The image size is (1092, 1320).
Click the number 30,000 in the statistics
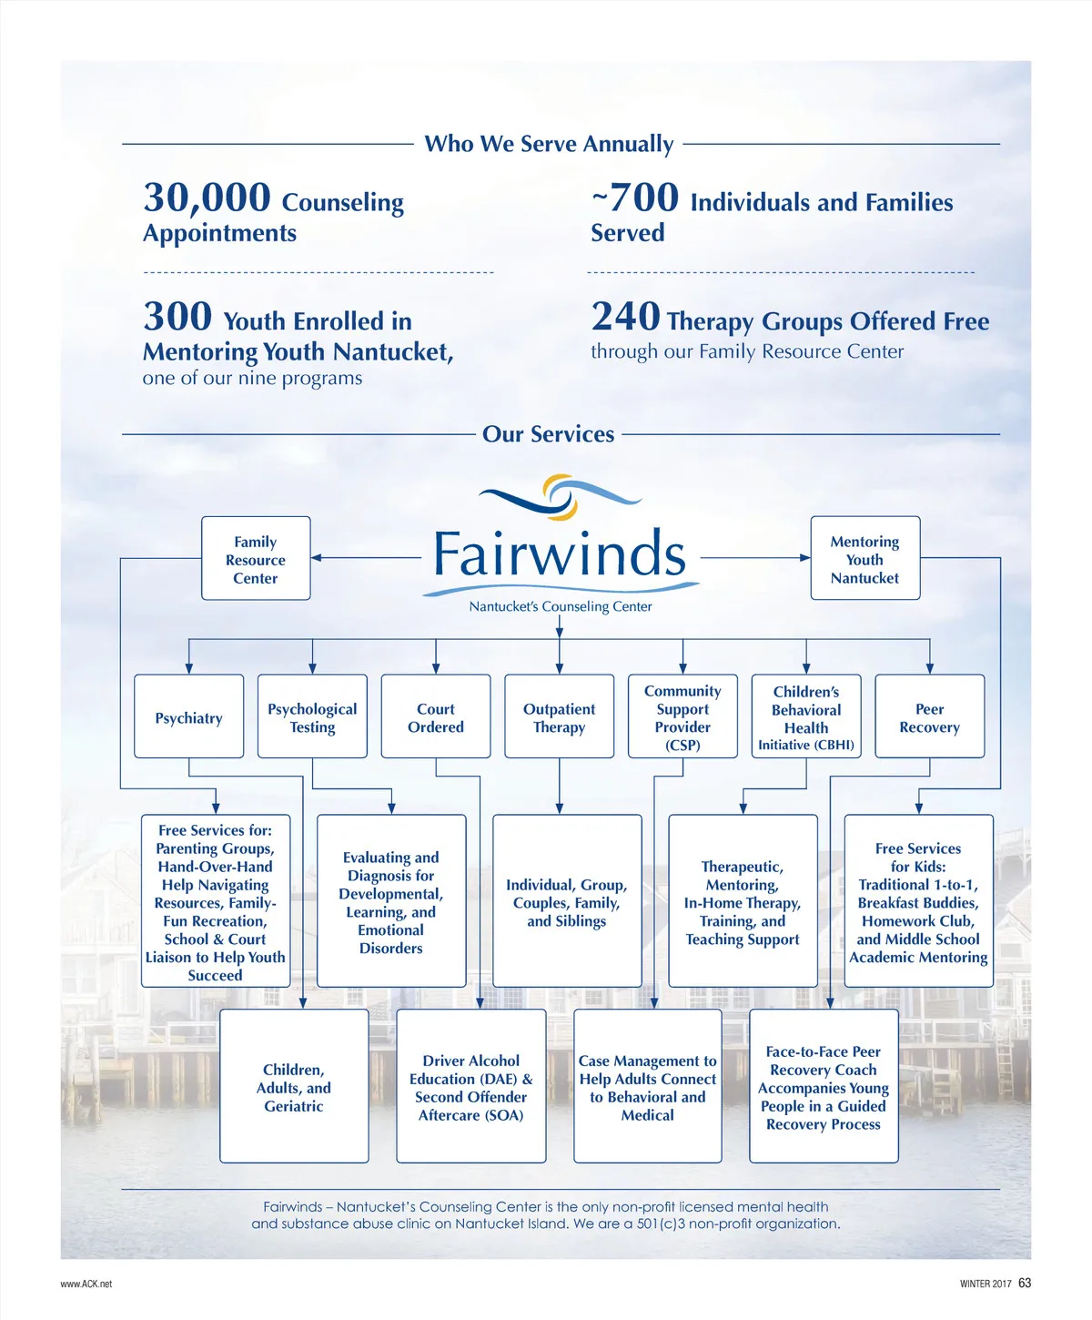[x=207, y=198]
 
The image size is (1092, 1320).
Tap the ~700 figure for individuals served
[x=635, y=198]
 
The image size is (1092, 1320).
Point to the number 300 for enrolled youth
[x=177, y=317]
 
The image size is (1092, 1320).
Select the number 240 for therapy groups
[x=625, y=317]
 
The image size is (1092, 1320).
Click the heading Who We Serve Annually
[x=549, y=144]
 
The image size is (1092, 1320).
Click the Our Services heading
[x=548, y=434]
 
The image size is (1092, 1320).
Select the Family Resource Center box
[x=256, y=559]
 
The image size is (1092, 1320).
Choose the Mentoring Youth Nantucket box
[x=864, y=559]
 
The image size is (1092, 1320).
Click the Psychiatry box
[x=188, y=717]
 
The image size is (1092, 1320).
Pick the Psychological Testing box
[x=312, y=717]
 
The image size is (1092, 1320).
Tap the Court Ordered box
[x=436, y=717]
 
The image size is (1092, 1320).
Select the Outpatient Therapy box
[x=559, y=717]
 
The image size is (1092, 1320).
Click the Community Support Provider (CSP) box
[x=682, y=717]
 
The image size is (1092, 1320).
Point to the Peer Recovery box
[x=929, y=717]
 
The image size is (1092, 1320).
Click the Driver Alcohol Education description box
[x=470, y=1087]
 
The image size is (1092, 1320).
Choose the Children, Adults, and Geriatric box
[x=294, y=1087]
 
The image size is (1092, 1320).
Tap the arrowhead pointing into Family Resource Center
[x=317, y=558]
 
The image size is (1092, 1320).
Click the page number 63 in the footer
[x=1025, y=1283]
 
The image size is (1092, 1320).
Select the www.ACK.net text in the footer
[x=86, y=1284]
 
